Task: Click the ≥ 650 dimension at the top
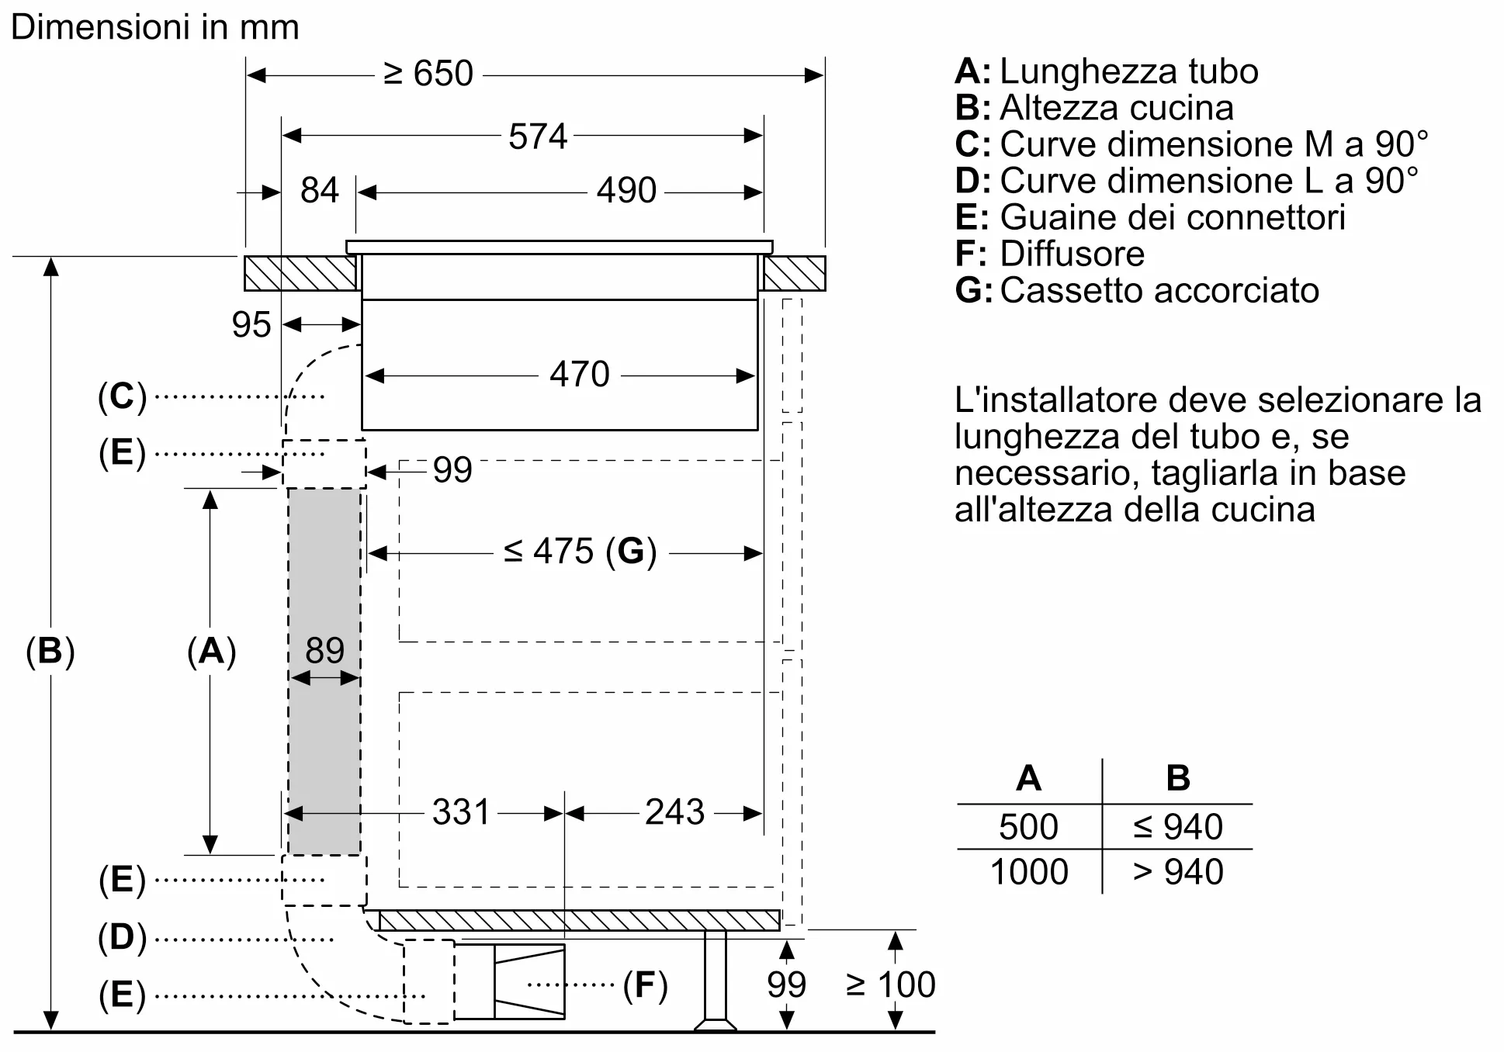point(428,74)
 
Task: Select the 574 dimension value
point(538,137)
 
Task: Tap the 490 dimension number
point(626,191)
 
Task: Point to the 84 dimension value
point(319,191)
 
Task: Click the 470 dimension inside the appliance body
point(579,375)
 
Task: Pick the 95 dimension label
point(251,325)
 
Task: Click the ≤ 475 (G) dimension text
point(580,552)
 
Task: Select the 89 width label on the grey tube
point(324,650)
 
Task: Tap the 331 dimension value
point(461,812)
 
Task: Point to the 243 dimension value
point(674,812)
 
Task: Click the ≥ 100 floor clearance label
point(891,985)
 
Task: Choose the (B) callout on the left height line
point(50,651)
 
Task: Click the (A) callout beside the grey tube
point(211,651)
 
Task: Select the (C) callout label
point(122,396)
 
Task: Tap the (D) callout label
point(122,937)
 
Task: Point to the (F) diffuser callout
point(645,985)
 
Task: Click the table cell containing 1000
point(1029,872)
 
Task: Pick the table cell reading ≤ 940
point(1177,827)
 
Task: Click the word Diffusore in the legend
point(1072,254)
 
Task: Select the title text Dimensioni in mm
point(155,28)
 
